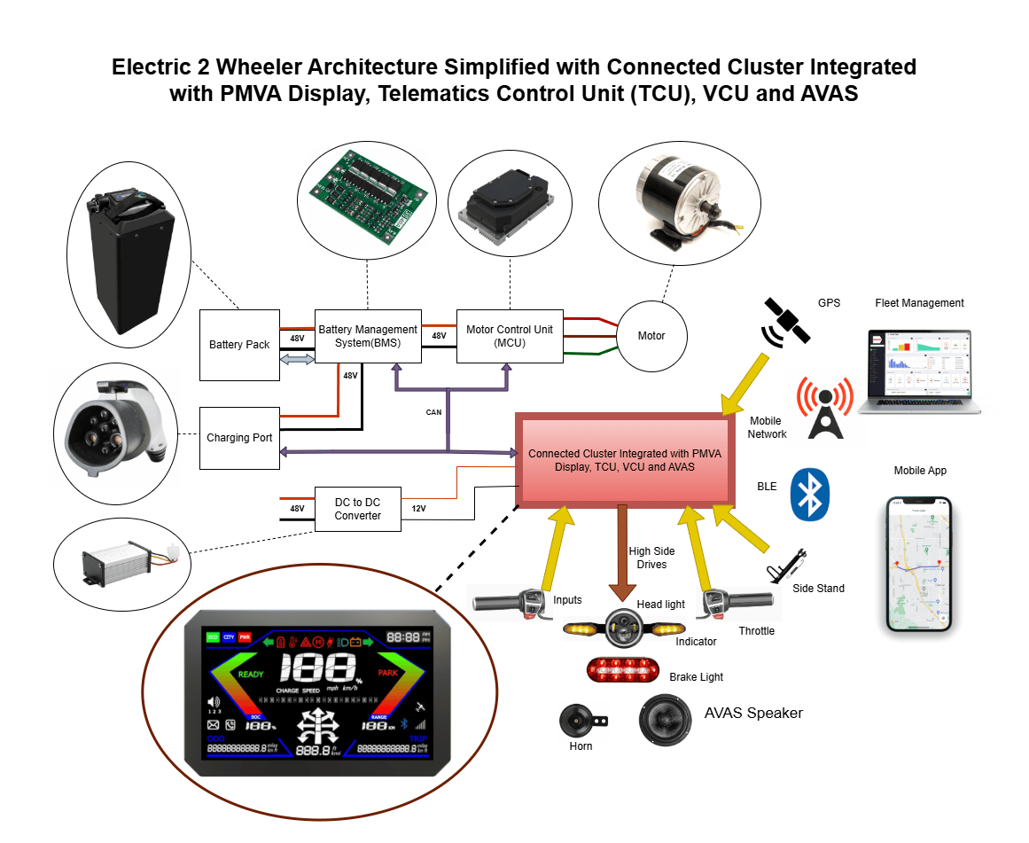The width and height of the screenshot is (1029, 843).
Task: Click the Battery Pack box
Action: point(239,345)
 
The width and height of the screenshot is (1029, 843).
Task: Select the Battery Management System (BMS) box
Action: point(368,336)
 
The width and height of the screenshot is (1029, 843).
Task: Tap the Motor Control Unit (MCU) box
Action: point(510,336)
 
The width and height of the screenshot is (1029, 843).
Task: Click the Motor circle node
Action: point(651,336)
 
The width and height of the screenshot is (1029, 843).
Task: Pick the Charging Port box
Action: point(239,438)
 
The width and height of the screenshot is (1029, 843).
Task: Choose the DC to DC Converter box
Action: point(358,509)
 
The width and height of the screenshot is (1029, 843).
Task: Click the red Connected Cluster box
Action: point(625,460)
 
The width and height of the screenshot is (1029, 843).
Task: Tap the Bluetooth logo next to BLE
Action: point(808,495)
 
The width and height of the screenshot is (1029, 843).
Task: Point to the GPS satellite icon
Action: point(785,323)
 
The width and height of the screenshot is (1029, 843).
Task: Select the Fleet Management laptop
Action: point(919,371)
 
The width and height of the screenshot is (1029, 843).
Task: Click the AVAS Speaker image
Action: point(665,719)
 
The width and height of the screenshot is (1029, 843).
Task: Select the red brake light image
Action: point(622,669)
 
